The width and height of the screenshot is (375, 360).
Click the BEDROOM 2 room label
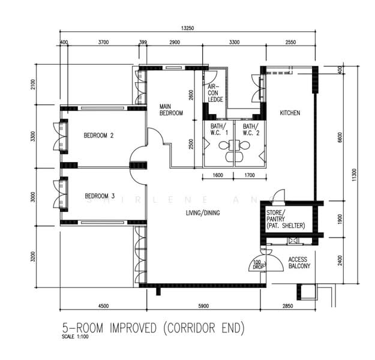click(x=98, y=136)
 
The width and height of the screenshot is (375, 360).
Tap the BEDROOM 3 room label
click(x=99, y=196)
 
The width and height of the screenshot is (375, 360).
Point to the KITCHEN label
click(x=290, y=113)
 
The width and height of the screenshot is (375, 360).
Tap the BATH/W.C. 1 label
click(x=218, y=130)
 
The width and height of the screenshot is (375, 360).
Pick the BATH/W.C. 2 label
click(x=250, y=130)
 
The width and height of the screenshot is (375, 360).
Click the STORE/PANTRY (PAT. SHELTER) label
click(x=286, y=219)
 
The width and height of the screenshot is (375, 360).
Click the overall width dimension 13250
click(x=190, y=28)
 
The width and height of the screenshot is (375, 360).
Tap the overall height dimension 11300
click(x=355, y=174)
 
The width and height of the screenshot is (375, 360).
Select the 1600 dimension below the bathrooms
click(x=217, y=176)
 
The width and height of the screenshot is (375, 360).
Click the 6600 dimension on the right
click(x=339, y=137)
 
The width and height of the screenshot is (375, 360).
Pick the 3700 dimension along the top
click(x=103, y=42)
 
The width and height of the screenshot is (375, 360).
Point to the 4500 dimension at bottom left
click(x=103, y=307)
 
